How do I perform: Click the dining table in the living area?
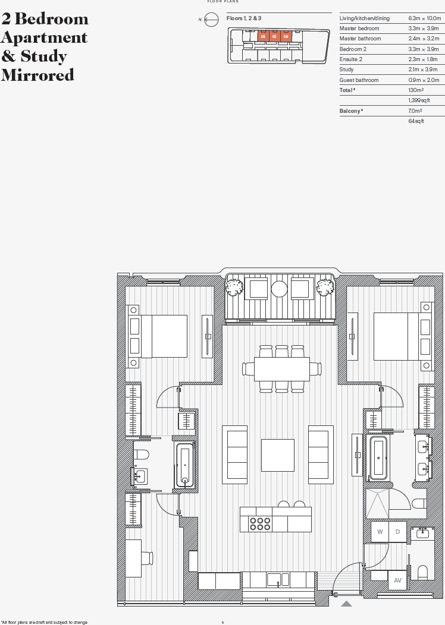click(x=281, y=369)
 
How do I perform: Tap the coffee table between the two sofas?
click(x=278, y=455)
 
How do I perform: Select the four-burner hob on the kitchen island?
click(x=260, y=523)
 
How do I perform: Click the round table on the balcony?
click(x=280, y=289)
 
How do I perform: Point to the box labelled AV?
click(x=397, y=580)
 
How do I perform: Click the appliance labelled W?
click(x=380, y=532)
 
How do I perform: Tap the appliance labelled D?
click(x=397, y=532)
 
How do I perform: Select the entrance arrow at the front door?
click(x=346, y=604)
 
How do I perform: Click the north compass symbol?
click(x=211, y=20)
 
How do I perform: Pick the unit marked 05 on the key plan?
click(x=274, y=36)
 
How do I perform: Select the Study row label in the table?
click(x=347, y=70)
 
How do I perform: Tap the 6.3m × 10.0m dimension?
click(x=424, y=18)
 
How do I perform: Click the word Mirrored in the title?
click(x=37, y=75)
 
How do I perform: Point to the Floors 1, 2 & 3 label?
click(x=244, y=19)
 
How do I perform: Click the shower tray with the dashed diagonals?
click(x=378, y=504)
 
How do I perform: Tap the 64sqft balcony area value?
click(x=416, y=121)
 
